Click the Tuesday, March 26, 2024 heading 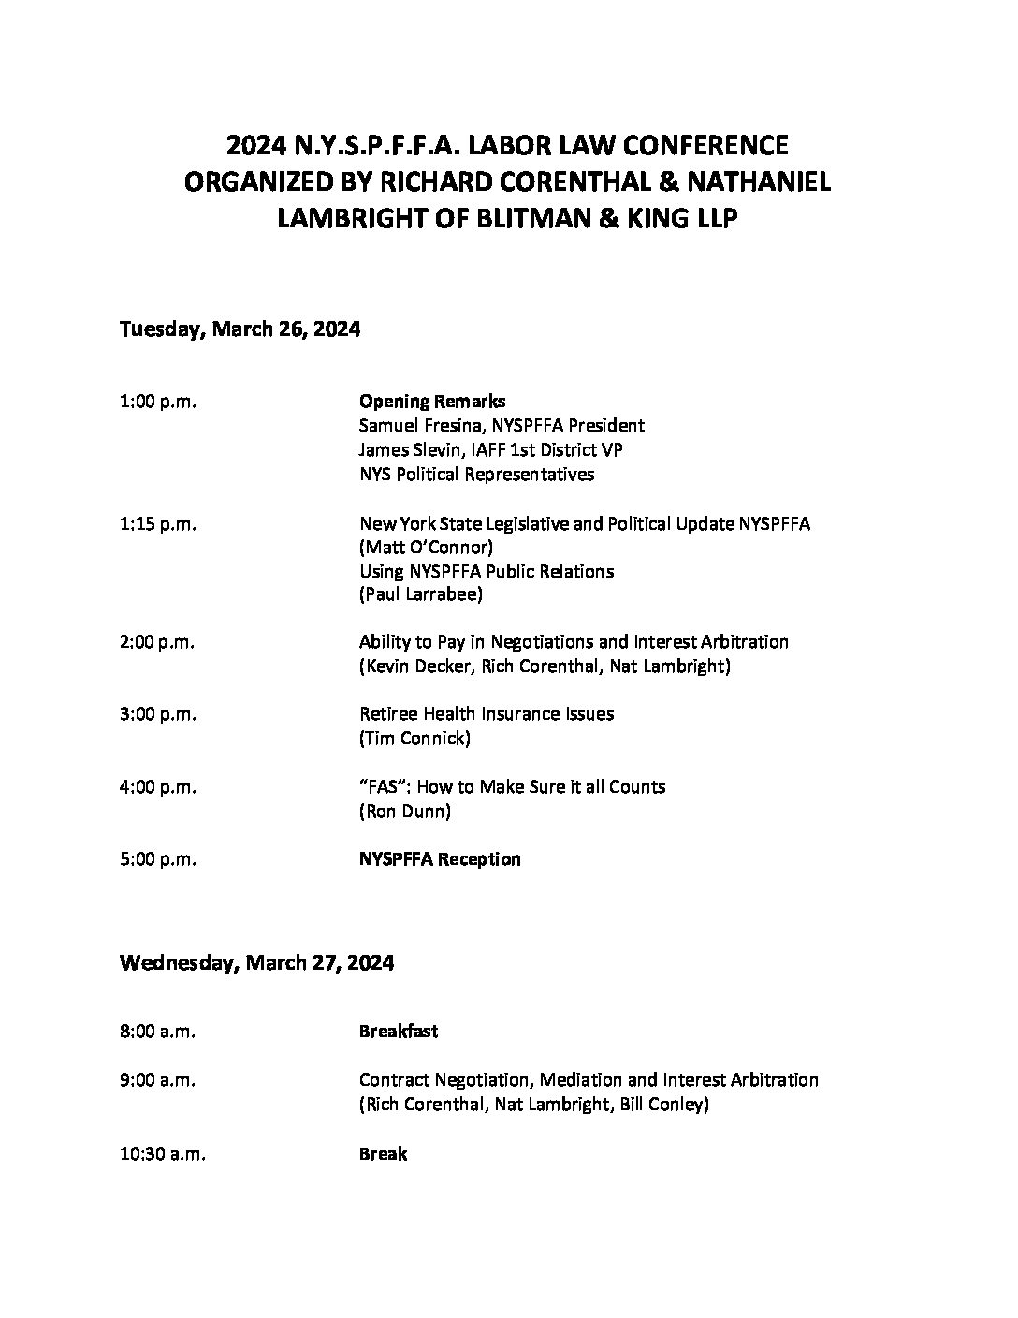tap(240, 329)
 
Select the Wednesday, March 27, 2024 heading tap(256, 962)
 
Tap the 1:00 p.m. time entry tap(158, 402)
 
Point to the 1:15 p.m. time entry tap(158, 524)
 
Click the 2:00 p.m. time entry tap(158, 642)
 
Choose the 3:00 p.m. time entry tap(158, 714)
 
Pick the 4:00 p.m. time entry tap(158, 787)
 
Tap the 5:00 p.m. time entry tap(158, 859)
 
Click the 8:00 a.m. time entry tap(157, 1032)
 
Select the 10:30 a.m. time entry tap(163, 1154)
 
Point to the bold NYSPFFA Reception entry tap(440, 859)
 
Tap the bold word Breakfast tap(399, 1032)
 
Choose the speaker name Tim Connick tap(414, 739)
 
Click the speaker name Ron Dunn tap(404, 812)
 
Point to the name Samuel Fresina tap(413, 426)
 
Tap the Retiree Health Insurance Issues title tap(487, 714)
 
